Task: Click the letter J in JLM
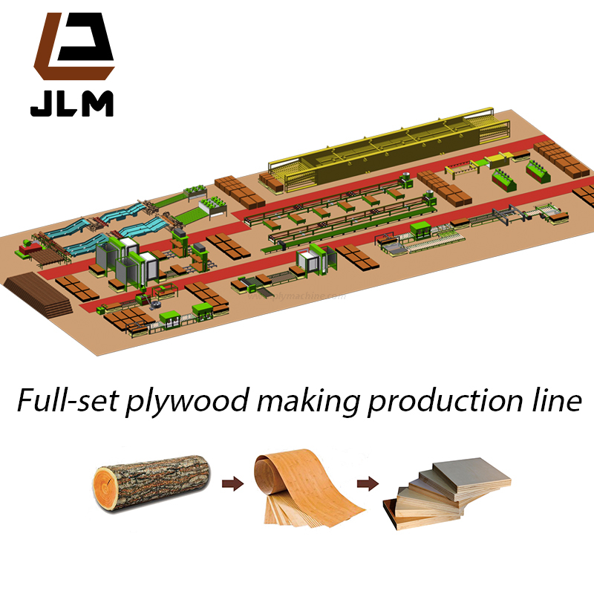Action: (x=39, y=104)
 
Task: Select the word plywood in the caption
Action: (x=170, y=402)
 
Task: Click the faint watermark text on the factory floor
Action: (x=301, y=297)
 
